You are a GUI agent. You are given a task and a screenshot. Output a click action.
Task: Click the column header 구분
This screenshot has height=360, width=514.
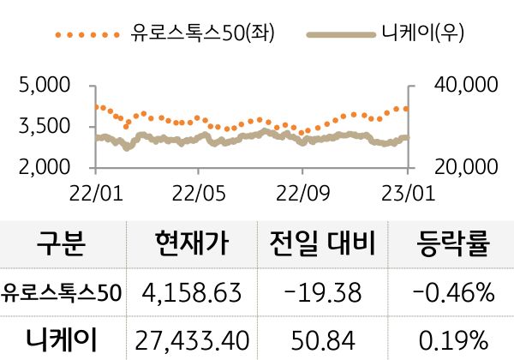(62, 245)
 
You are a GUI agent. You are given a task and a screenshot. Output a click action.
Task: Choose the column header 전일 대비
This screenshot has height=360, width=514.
(322, 245)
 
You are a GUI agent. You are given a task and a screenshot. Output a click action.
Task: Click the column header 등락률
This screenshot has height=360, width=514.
(452, 245)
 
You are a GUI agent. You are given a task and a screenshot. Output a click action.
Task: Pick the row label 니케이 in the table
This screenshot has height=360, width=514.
(62, 339)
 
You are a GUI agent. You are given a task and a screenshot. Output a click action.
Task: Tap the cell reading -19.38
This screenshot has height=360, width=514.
(322, 293)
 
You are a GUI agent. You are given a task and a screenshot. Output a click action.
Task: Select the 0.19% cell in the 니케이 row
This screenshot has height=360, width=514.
(452, 339)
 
